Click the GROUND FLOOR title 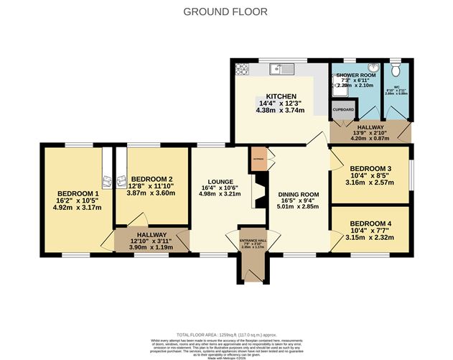coord(225,11)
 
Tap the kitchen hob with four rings coord(239,70)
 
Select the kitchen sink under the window coord(277,70)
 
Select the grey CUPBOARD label coord(343,110)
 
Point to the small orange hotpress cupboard coord(258,160)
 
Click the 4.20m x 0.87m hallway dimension coord(369,138)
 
